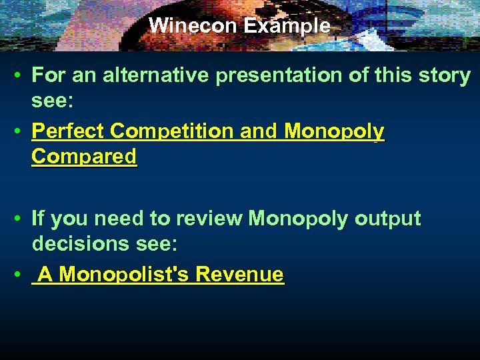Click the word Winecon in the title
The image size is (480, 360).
tap(193, 26)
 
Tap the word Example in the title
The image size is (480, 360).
tap(287, 26)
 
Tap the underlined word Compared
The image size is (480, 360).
tap(84, 157)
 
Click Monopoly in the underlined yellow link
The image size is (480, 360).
tap(334, 131)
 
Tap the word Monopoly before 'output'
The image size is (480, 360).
tap(298, 219)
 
